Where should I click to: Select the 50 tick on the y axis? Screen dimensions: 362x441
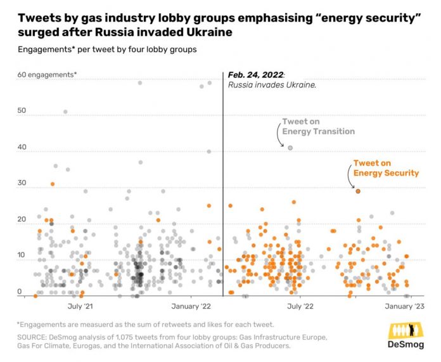click(22, 111)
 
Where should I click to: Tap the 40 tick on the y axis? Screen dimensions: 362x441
click(22, 148)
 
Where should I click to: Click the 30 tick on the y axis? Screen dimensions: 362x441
click(22, 184)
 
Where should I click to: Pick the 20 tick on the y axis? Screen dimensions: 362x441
click(22, 220)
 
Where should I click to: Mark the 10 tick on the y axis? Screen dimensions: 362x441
click(22, 256)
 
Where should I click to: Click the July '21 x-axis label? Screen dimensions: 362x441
click(80, 307)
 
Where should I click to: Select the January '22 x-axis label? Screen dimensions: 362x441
click(191, 307)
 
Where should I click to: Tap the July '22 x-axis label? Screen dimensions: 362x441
click(300, 307)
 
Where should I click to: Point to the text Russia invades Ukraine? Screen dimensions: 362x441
click(272, 85)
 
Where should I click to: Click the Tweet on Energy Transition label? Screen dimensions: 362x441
click(318, 127)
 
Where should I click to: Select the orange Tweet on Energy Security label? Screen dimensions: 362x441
click(386, 168)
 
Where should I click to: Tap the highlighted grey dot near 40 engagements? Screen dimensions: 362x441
click(290, 148)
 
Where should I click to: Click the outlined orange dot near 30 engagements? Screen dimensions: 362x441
click(358, 191)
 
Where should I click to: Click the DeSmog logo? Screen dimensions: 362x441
click(405, 335)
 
